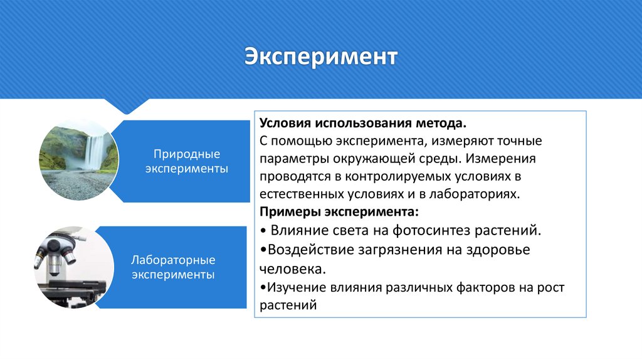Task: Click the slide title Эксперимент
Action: click(320, 56)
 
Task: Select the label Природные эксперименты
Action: click(186, 161)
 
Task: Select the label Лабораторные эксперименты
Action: click(172, 267)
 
